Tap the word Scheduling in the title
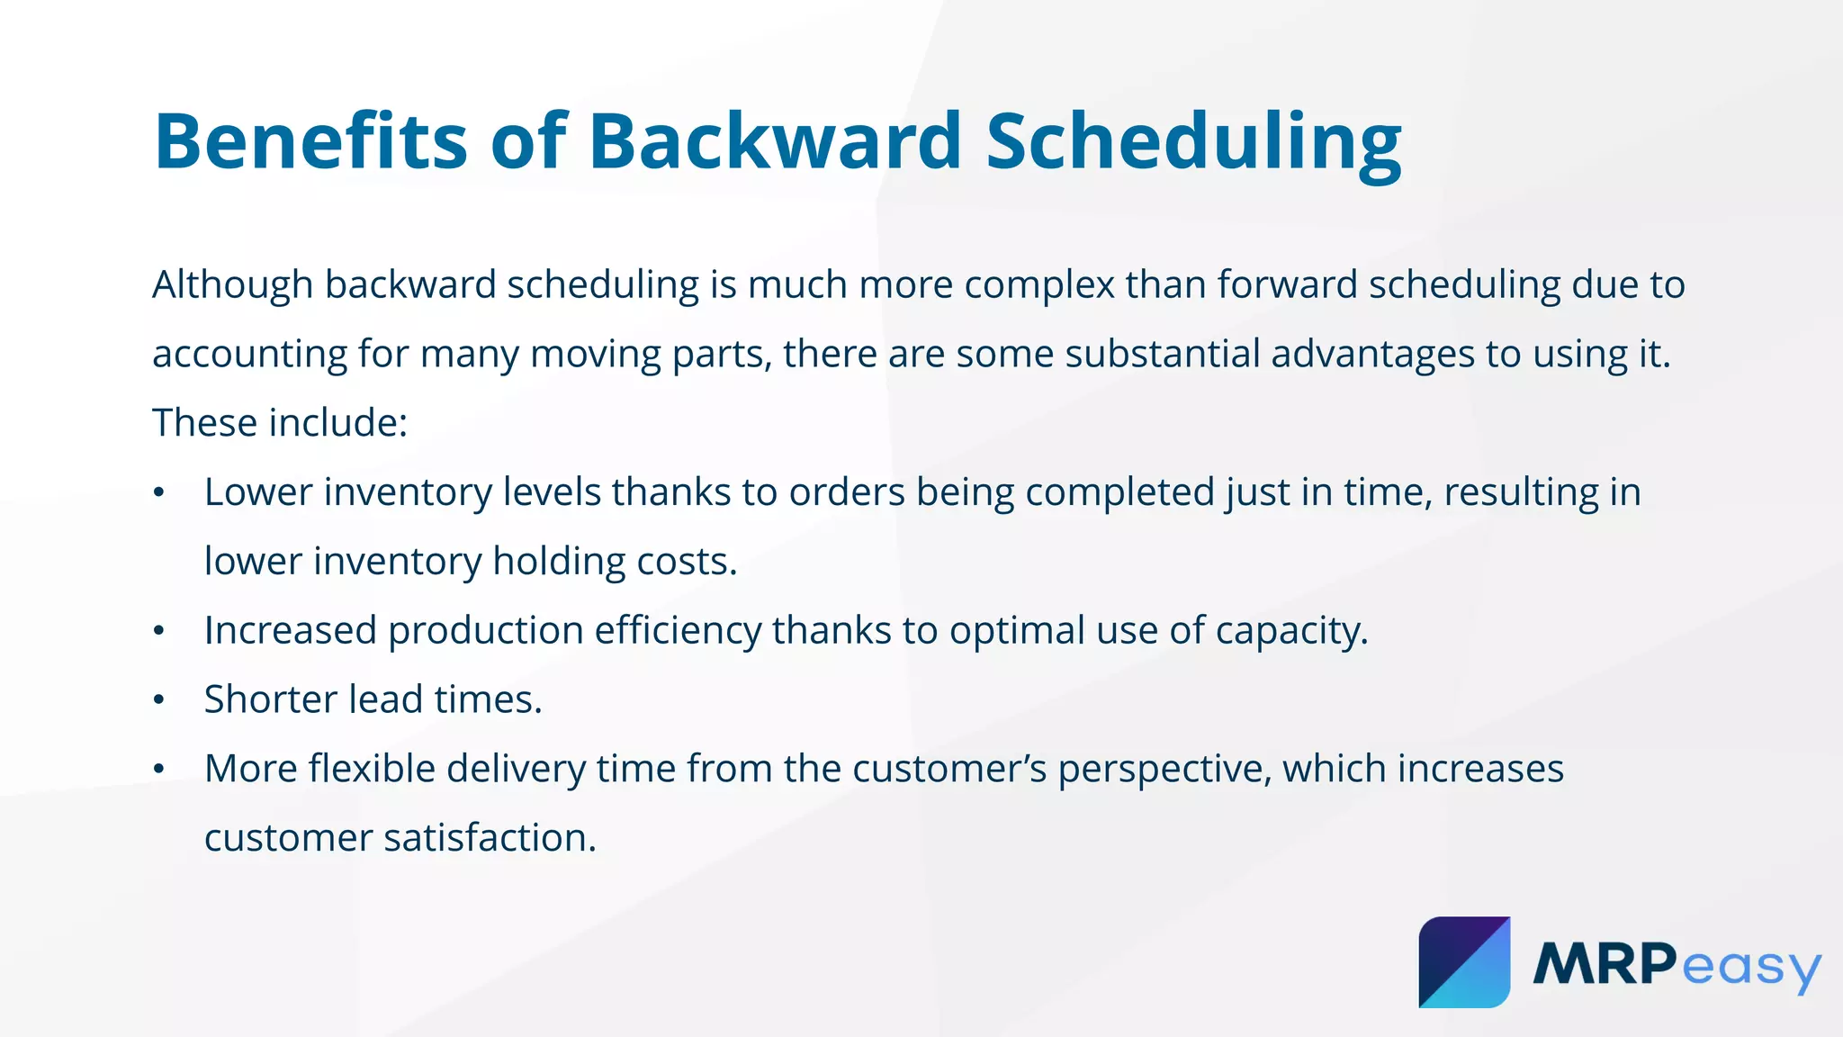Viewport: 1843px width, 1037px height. (1193, 141)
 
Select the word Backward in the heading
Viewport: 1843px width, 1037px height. (775, 141)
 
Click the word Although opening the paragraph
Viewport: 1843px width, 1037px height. (232, 285)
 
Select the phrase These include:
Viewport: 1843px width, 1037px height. (280, 423)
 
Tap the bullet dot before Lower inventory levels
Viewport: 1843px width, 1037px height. (159, 492)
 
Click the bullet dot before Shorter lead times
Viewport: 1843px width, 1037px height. (159, 700)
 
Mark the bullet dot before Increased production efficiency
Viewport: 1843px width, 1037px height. (159, 631)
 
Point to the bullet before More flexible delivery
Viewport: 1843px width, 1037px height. (159, 770)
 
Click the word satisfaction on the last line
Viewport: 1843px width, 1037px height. (490, 839)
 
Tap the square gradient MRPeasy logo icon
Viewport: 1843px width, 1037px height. (1464, 962)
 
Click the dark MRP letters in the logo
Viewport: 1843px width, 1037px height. (1604, 964)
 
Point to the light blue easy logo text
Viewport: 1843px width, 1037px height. (1750, 968)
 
